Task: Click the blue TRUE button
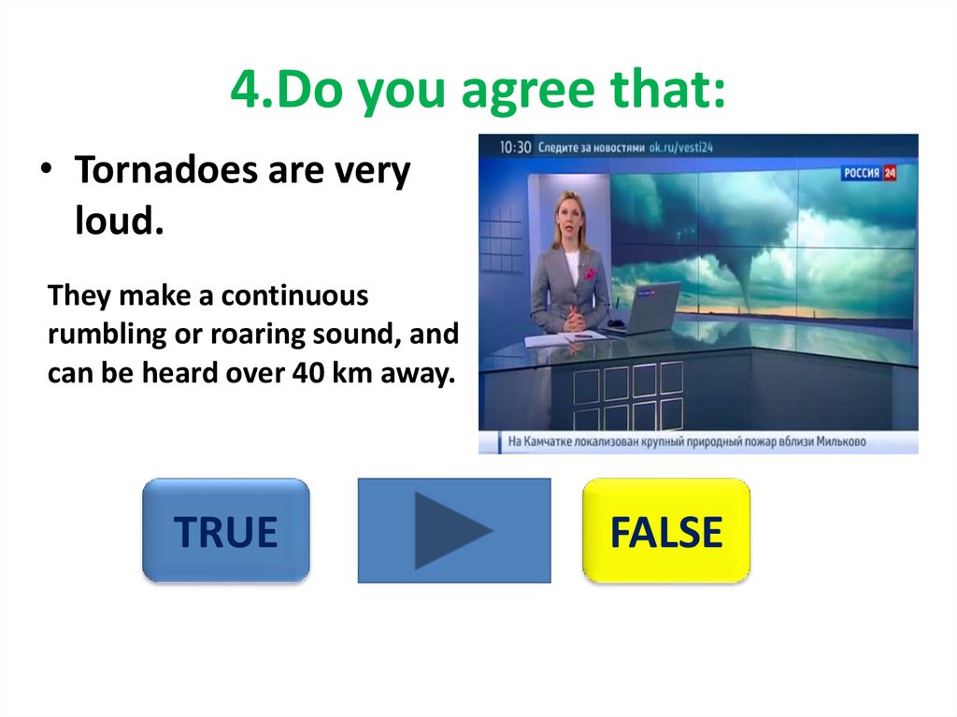tap(226, 530)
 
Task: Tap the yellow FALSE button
tap(666, 531)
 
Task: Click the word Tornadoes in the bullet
tap(166, 170)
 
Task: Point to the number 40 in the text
tap(307, 373)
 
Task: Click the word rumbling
tap(107, 335)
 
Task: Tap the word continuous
tap(294, 295)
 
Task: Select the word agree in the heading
tap(527, 92)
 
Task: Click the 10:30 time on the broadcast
tap(515, 147)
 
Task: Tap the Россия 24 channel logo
tap(869, 173)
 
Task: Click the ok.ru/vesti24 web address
tap(680, 147)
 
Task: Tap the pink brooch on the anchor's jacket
tap(590, 273)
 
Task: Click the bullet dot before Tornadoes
tap(47, 167)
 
